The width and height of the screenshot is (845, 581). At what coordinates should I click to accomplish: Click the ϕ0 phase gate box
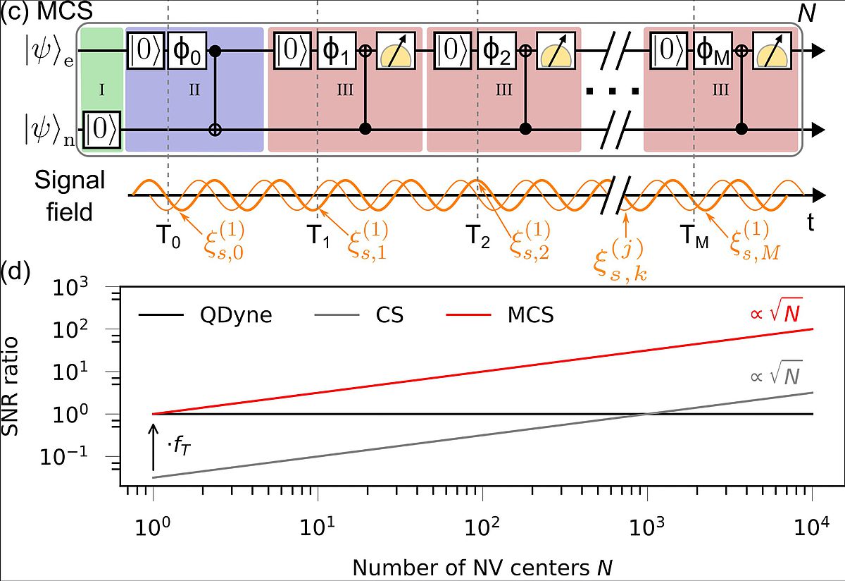187,51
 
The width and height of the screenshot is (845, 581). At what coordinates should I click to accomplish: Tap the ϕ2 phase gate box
496,51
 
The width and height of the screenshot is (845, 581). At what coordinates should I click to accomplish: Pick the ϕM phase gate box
713,51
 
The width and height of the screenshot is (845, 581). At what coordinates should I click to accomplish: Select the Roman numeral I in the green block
102,92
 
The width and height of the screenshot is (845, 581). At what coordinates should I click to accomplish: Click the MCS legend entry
530,314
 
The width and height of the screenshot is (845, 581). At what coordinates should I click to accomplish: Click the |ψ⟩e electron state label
39,51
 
